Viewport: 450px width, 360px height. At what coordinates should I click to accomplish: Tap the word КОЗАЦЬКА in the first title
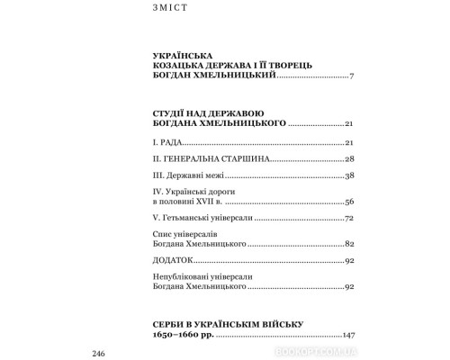tap(180, 67)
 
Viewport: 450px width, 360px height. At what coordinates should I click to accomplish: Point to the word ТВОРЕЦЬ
tap(307, 67)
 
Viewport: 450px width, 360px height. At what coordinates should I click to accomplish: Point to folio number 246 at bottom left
tap(100, 350)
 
